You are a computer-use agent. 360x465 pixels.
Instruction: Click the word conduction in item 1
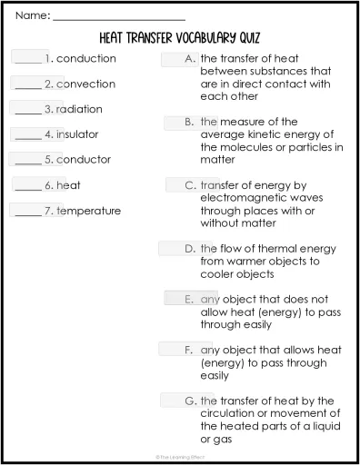[86, 58]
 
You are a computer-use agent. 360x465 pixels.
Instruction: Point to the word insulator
[77, 134]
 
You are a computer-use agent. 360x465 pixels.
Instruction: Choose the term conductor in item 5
[84, 160]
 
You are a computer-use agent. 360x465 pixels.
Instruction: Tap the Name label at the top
[32, 15]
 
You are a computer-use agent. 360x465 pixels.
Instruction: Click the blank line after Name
[118, 17]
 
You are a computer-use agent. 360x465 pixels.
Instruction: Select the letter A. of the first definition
[190, 58]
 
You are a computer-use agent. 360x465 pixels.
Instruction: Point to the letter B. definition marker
[190, 121]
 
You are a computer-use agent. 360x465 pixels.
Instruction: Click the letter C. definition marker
[190, 184]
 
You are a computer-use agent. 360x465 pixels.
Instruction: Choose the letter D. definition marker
[190, 248]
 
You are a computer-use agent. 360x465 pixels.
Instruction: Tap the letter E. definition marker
[190, 298]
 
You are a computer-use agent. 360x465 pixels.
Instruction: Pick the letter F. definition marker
[190, 349]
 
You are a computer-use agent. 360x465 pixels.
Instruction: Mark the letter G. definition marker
[190, 400]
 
